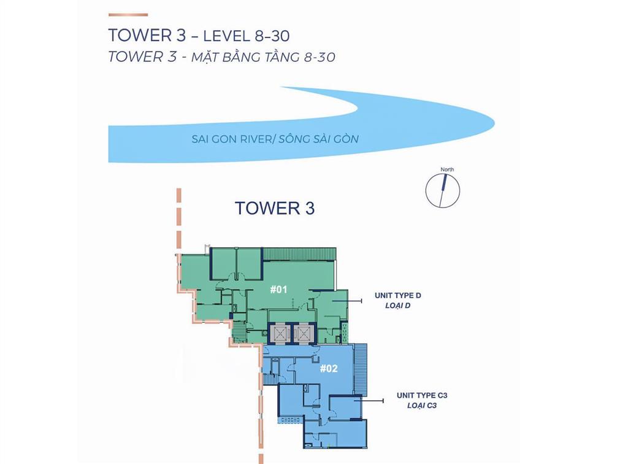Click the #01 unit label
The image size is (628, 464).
pyautogui.click(x=279, y=288)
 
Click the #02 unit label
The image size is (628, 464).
pyautogui.click(x=329, y=368)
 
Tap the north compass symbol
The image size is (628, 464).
pyautogui.click(x=443, y=190)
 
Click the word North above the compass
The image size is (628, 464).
pyautogui.click(x=447, y=169)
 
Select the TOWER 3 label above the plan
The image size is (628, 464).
pyautogui.click(x=274, y=208)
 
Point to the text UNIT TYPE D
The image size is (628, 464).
pyautogui.click(x=397, y=295)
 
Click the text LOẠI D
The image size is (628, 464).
pyautogui.click(x=397, y=306)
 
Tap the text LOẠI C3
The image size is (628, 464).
pyautogui.click(x=421, y=406)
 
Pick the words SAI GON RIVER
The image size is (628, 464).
pyautogui.click(x=232, y=139)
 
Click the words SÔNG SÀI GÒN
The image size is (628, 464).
pyautogui.click(x=318, y=139)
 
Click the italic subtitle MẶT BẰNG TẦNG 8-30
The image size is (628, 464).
pyautogui.click(x=263, y=57)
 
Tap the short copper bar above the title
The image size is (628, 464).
pyautogui.click(x=128, y=15)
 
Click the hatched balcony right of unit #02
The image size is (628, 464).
pyautogui.click(x=361, y=370)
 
